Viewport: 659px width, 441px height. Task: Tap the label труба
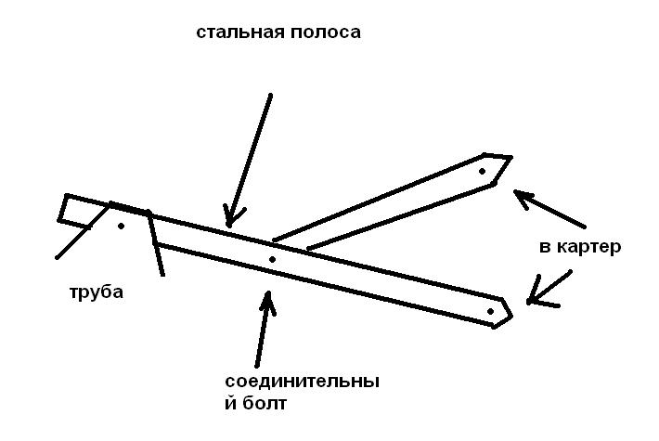point(96,292)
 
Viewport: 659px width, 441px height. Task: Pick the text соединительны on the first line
point(303,382)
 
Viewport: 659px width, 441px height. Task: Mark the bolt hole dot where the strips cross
point(272,259)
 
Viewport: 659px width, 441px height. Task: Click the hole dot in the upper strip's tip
point(482,172)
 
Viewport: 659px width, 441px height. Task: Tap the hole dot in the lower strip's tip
point(490,311)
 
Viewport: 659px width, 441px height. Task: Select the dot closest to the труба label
point(121,225)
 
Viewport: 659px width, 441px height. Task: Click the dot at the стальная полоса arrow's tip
point(228,224)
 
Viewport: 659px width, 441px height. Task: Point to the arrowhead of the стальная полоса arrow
point(230,215)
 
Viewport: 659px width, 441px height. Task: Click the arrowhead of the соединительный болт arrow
point(268,299)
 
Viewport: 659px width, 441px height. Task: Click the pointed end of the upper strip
point(510,160)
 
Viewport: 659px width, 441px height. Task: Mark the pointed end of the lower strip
point(511,309)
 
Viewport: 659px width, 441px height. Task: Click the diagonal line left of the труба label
point(72,240)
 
